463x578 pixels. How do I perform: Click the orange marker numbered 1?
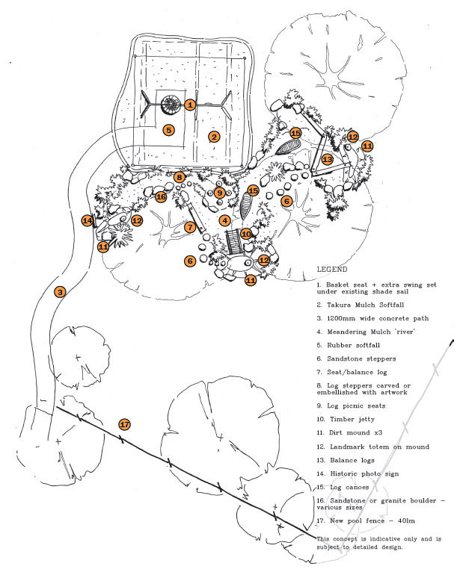(190, 105)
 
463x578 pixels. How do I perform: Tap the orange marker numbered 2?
(214, 137)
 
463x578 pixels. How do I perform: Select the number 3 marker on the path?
(60, 291)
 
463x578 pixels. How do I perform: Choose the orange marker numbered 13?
(328, 160)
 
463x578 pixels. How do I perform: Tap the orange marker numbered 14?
(88, 221)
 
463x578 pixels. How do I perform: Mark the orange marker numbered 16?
(161, 196)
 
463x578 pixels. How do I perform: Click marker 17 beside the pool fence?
(125, 424)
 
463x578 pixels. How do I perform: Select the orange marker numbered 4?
(224, 220)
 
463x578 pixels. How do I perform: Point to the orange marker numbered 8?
(180, 177)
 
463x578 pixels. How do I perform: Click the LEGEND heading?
(332, 270)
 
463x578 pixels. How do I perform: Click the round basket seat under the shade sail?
(171, 104)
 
